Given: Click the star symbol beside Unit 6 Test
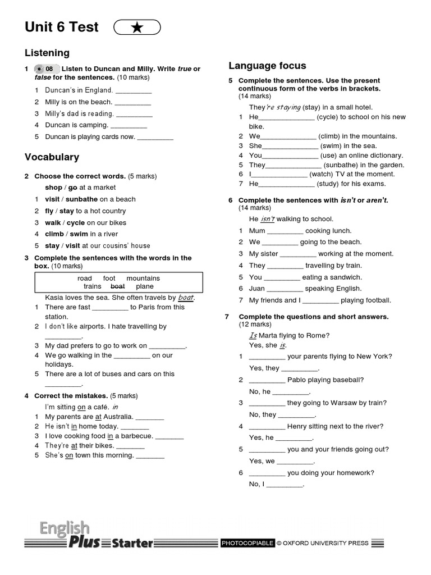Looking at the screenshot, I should (137, 28).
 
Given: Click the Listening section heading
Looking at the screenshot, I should (47, 53).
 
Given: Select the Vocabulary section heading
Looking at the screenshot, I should (52, 157).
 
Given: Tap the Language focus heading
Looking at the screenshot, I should (267, 66).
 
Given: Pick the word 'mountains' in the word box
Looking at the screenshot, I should (143, 278).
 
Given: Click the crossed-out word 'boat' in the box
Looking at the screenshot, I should (118, 286).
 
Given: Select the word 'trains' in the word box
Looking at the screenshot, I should (92, 286).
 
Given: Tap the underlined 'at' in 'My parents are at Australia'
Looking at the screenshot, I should (98, 417).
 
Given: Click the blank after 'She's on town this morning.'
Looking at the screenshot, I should (150, 455).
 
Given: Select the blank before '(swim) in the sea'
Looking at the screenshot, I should (291, 146).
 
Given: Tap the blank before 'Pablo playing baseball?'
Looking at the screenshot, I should (267, 380).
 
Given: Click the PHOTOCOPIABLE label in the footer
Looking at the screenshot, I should (247, 543).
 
